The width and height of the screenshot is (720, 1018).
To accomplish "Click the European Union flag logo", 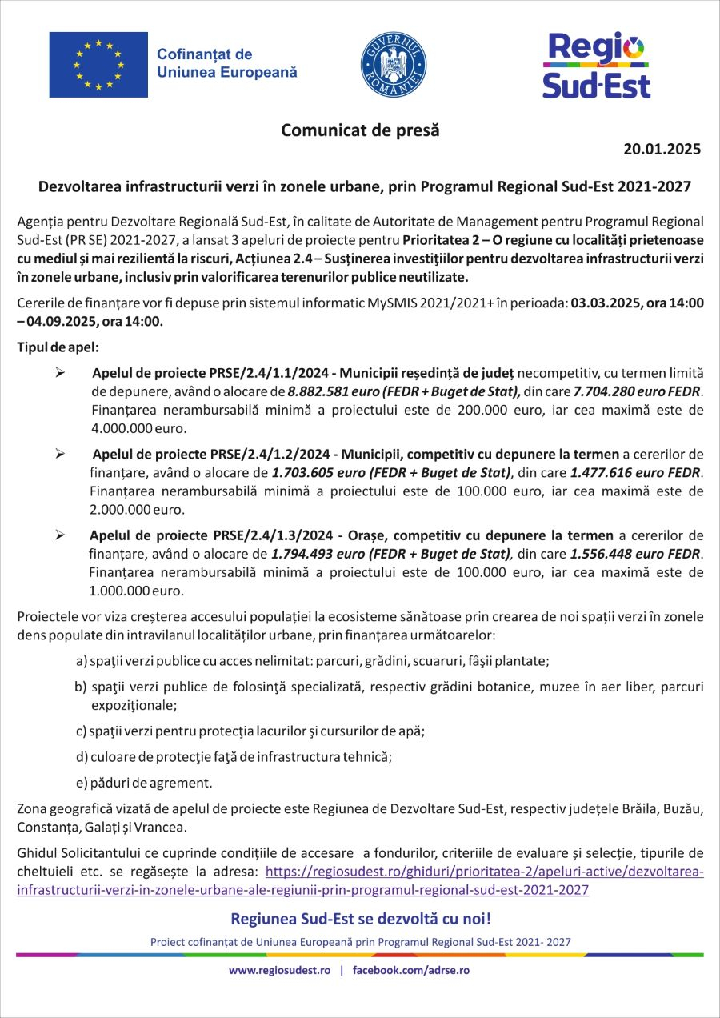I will coord(98,65).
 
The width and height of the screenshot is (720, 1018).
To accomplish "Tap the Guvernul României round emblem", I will coord(393,65).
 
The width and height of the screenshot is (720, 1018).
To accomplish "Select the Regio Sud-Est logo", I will coord(596,65).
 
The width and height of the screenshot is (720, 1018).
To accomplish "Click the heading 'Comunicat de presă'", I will coord(360,130).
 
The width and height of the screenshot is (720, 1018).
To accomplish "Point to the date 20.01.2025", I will coord(662,149).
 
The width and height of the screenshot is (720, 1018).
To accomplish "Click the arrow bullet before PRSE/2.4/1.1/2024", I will coord(59,374).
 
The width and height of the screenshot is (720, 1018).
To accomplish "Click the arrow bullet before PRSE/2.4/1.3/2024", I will coord(59,535).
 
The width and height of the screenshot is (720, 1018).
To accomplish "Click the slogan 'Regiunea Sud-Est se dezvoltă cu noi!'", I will coord(361,918).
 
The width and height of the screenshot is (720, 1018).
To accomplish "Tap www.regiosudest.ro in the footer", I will coord(280,970).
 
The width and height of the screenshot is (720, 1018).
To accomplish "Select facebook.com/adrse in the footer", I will coord(410,970).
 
